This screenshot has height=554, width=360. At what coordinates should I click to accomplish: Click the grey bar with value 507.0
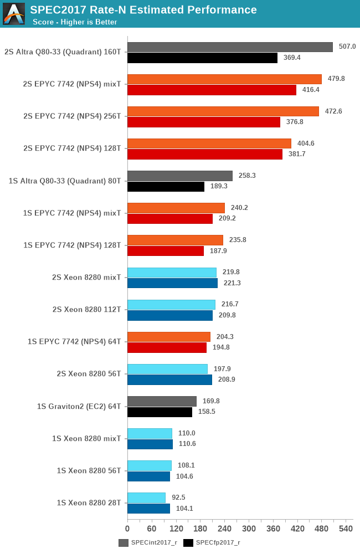230,47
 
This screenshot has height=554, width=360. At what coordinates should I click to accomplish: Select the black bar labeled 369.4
202,58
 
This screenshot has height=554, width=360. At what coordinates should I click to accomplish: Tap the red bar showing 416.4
212,90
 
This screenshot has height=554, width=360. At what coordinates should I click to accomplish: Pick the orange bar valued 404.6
209,143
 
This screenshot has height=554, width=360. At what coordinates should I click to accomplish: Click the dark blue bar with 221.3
172,283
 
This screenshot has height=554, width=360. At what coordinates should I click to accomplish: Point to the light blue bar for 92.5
146,497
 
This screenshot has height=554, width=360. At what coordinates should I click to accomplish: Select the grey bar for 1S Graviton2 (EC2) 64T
162,401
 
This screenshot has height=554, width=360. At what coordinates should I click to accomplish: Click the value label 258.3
246,176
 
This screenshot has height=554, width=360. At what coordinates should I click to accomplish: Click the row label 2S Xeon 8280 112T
86,309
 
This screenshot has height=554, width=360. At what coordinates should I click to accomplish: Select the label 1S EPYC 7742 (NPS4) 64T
74,341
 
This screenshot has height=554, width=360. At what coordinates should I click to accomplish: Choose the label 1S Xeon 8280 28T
89,502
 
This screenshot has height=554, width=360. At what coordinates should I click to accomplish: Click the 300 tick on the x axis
249,529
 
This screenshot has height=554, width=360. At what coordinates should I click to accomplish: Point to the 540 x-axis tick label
346,529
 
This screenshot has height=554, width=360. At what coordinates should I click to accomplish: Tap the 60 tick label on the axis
152,529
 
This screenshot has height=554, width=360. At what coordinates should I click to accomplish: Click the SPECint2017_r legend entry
148,543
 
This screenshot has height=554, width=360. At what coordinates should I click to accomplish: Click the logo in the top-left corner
14,14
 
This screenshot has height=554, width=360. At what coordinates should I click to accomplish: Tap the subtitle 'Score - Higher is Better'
75,22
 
